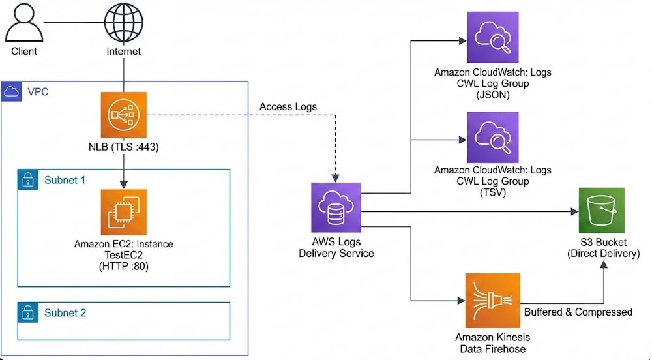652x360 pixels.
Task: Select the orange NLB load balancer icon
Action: pyautogui.click(x=123, y=115)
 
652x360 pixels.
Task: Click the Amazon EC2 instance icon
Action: pyautogui.click(x=123, y=212)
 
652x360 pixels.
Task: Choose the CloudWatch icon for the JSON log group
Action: pyautogui.click(x=492, y=39)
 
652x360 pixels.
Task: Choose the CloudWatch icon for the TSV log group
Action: pyautogui.click(x=492, y=138)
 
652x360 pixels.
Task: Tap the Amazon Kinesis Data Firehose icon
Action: pyautogui.click(x=492, y=301)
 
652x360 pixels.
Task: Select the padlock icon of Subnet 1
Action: pyautogui.click(x=29, y=180)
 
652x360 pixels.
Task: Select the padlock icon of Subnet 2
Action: pyautogui.click(x=29, y=312)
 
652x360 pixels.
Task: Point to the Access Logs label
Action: pyautogui.click(x=288, y=106)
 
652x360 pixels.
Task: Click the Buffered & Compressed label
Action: pyautogui.click(x=578, y=312)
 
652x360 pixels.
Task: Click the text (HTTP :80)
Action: pyautogui.click(x=123, y=267)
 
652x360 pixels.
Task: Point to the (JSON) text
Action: pyautogui.click(x=492, y=94)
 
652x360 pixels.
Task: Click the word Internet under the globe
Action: pyautogui.click(x=123, y=51)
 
